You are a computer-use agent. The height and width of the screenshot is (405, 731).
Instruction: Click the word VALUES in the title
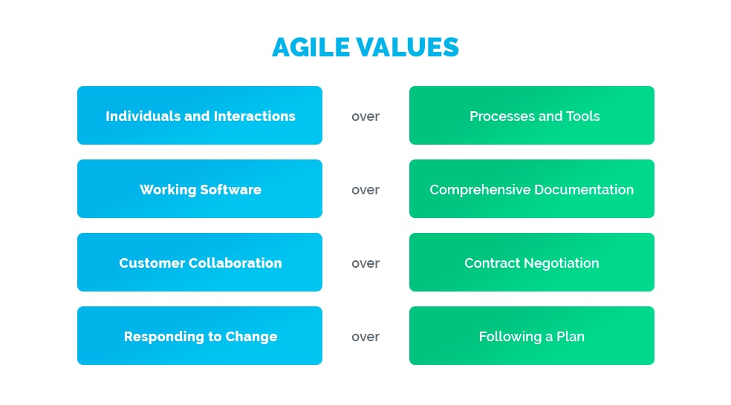[408, 47]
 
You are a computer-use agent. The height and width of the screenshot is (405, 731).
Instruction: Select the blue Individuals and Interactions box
[200, 116]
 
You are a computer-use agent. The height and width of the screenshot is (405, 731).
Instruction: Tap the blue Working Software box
[200, 189]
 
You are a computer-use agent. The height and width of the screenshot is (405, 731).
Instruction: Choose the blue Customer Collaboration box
[200, 262]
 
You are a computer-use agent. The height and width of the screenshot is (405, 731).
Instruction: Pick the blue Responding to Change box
[200, 335]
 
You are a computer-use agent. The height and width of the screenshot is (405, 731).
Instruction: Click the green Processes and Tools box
[532, 116]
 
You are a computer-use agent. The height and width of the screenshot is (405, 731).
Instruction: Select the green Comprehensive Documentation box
[532, 189]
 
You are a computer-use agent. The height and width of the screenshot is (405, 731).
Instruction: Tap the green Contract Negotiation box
[532, 262]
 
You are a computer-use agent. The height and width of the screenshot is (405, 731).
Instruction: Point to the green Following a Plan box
[532, 335]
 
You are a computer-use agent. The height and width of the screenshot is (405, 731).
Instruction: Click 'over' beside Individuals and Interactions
[365, 116]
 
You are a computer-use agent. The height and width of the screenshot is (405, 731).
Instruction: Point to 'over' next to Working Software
[365, 190]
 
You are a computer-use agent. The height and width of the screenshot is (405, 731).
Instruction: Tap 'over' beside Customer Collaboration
[365, 263]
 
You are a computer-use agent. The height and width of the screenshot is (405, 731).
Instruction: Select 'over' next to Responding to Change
[365, 337]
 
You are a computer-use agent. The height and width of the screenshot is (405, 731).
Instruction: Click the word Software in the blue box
[230, 189]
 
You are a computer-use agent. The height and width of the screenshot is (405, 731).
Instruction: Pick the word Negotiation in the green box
[562, 263]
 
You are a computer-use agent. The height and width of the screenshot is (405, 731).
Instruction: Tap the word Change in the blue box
[251, 337]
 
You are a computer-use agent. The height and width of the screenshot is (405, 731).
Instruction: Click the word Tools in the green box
[582, 116]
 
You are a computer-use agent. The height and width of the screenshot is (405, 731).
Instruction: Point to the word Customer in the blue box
[152, 263]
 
